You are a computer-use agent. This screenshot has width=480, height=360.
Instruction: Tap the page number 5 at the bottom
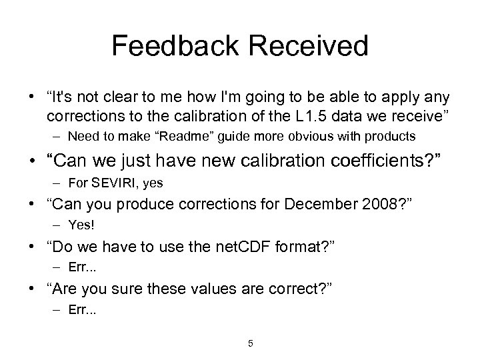click(250, 343)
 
